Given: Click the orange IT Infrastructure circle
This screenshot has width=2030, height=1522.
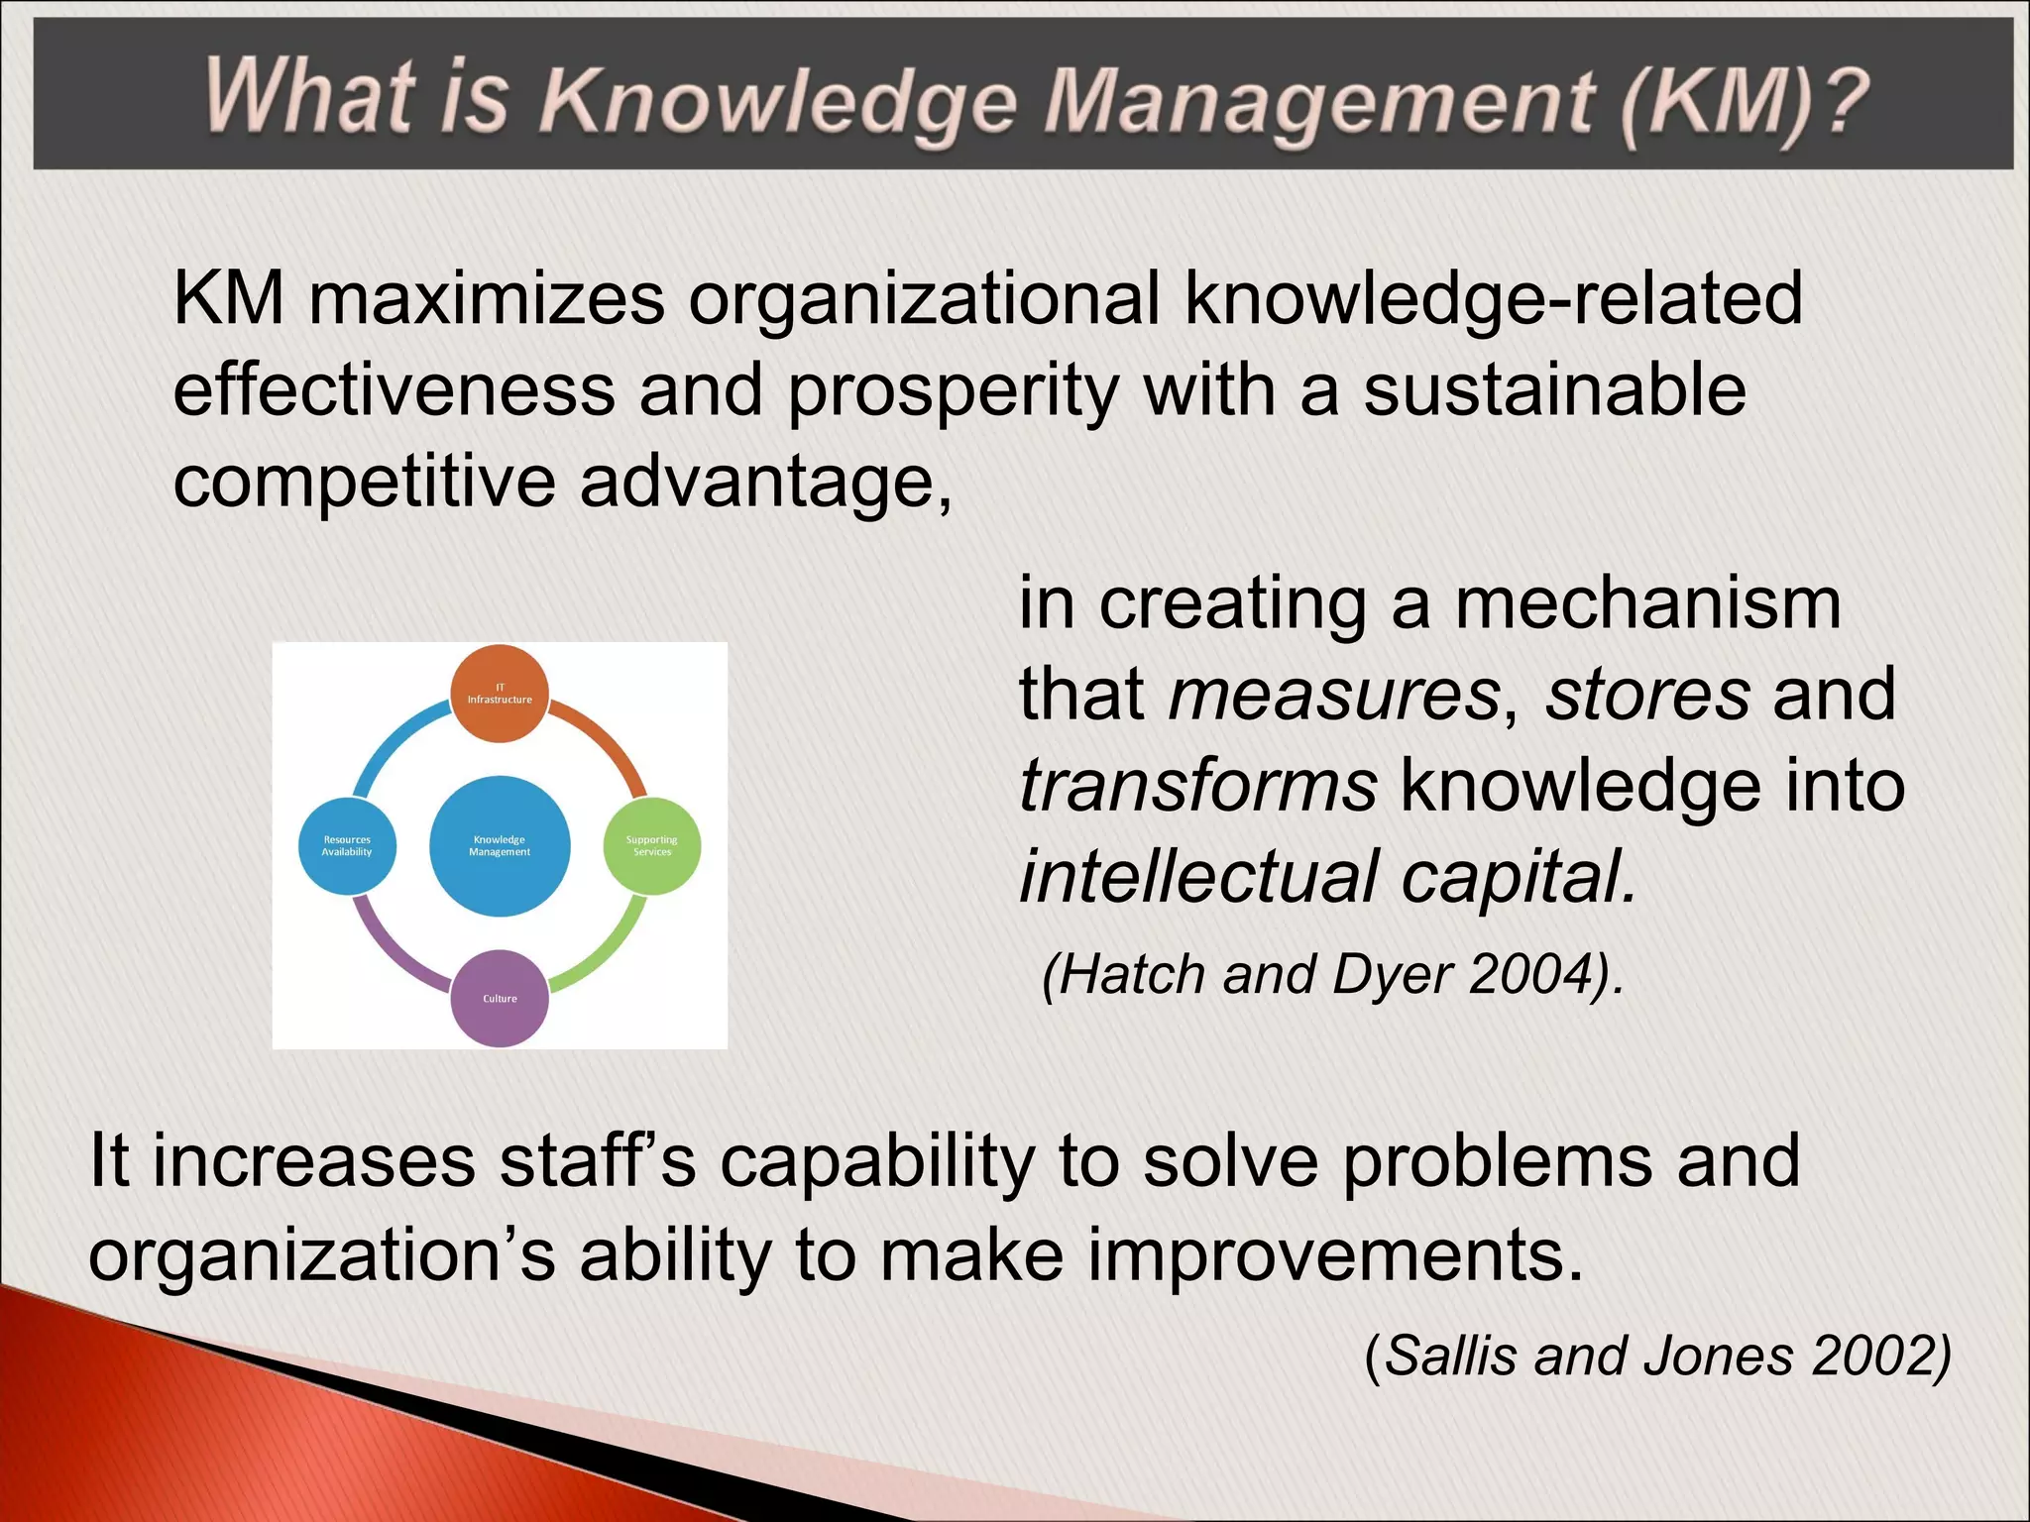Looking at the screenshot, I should [x=500, y=694].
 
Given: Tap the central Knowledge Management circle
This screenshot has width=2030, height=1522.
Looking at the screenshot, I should [x=500, y=845].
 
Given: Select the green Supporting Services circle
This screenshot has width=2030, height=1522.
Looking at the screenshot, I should [x=652, y=845].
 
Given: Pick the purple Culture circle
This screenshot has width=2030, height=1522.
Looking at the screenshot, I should [x=500, y=998].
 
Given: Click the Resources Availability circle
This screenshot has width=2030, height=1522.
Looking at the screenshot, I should [x=347, y=845].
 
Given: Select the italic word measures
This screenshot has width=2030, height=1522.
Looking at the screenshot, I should [x=1334, y=694].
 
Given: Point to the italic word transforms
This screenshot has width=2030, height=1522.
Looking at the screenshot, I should [x=1197, y=786].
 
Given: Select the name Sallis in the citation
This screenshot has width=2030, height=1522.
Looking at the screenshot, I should [x=1449, y=1355].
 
